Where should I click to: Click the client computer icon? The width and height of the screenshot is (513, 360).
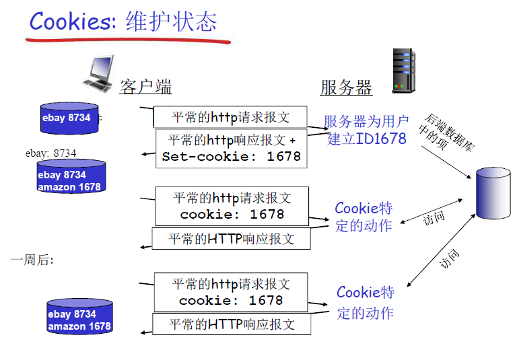pyautogui.click(x=99, y=73)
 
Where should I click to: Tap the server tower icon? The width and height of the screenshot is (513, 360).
pyautogui.click(x=399, y=71)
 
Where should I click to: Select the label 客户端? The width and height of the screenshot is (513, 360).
pyautogui.click(x=145, y=87)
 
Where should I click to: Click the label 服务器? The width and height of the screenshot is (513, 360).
pyautogui.click(x=346, y=87)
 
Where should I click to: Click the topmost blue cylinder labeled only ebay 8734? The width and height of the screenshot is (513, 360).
pyautogui.click(x=67, y=118)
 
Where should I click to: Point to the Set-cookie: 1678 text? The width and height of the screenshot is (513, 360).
pyautogui.click(x=231, y=157)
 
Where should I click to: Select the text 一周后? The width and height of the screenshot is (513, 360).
pyautogui.click(x=32, y=260)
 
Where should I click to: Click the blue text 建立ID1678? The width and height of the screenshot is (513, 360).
pyautogui.click(x=367, y=139)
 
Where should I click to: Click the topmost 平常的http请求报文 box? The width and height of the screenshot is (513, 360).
pyautogui.click(x=230, y=117)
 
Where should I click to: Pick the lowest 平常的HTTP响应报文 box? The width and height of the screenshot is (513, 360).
pyautogui.click(x=231, y=324)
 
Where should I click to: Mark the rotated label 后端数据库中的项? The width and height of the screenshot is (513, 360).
pyautogui.click(x=446, y=132)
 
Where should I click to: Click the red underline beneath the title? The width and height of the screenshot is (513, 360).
pyautogui.click(x=128, y=40)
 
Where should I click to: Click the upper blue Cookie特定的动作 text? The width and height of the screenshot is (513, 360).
pyautogui.click(x=364, y=217)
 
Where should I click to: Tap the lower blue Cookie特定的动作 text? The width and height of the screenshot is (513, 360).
pyautogui.click(x=365, y=302)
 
